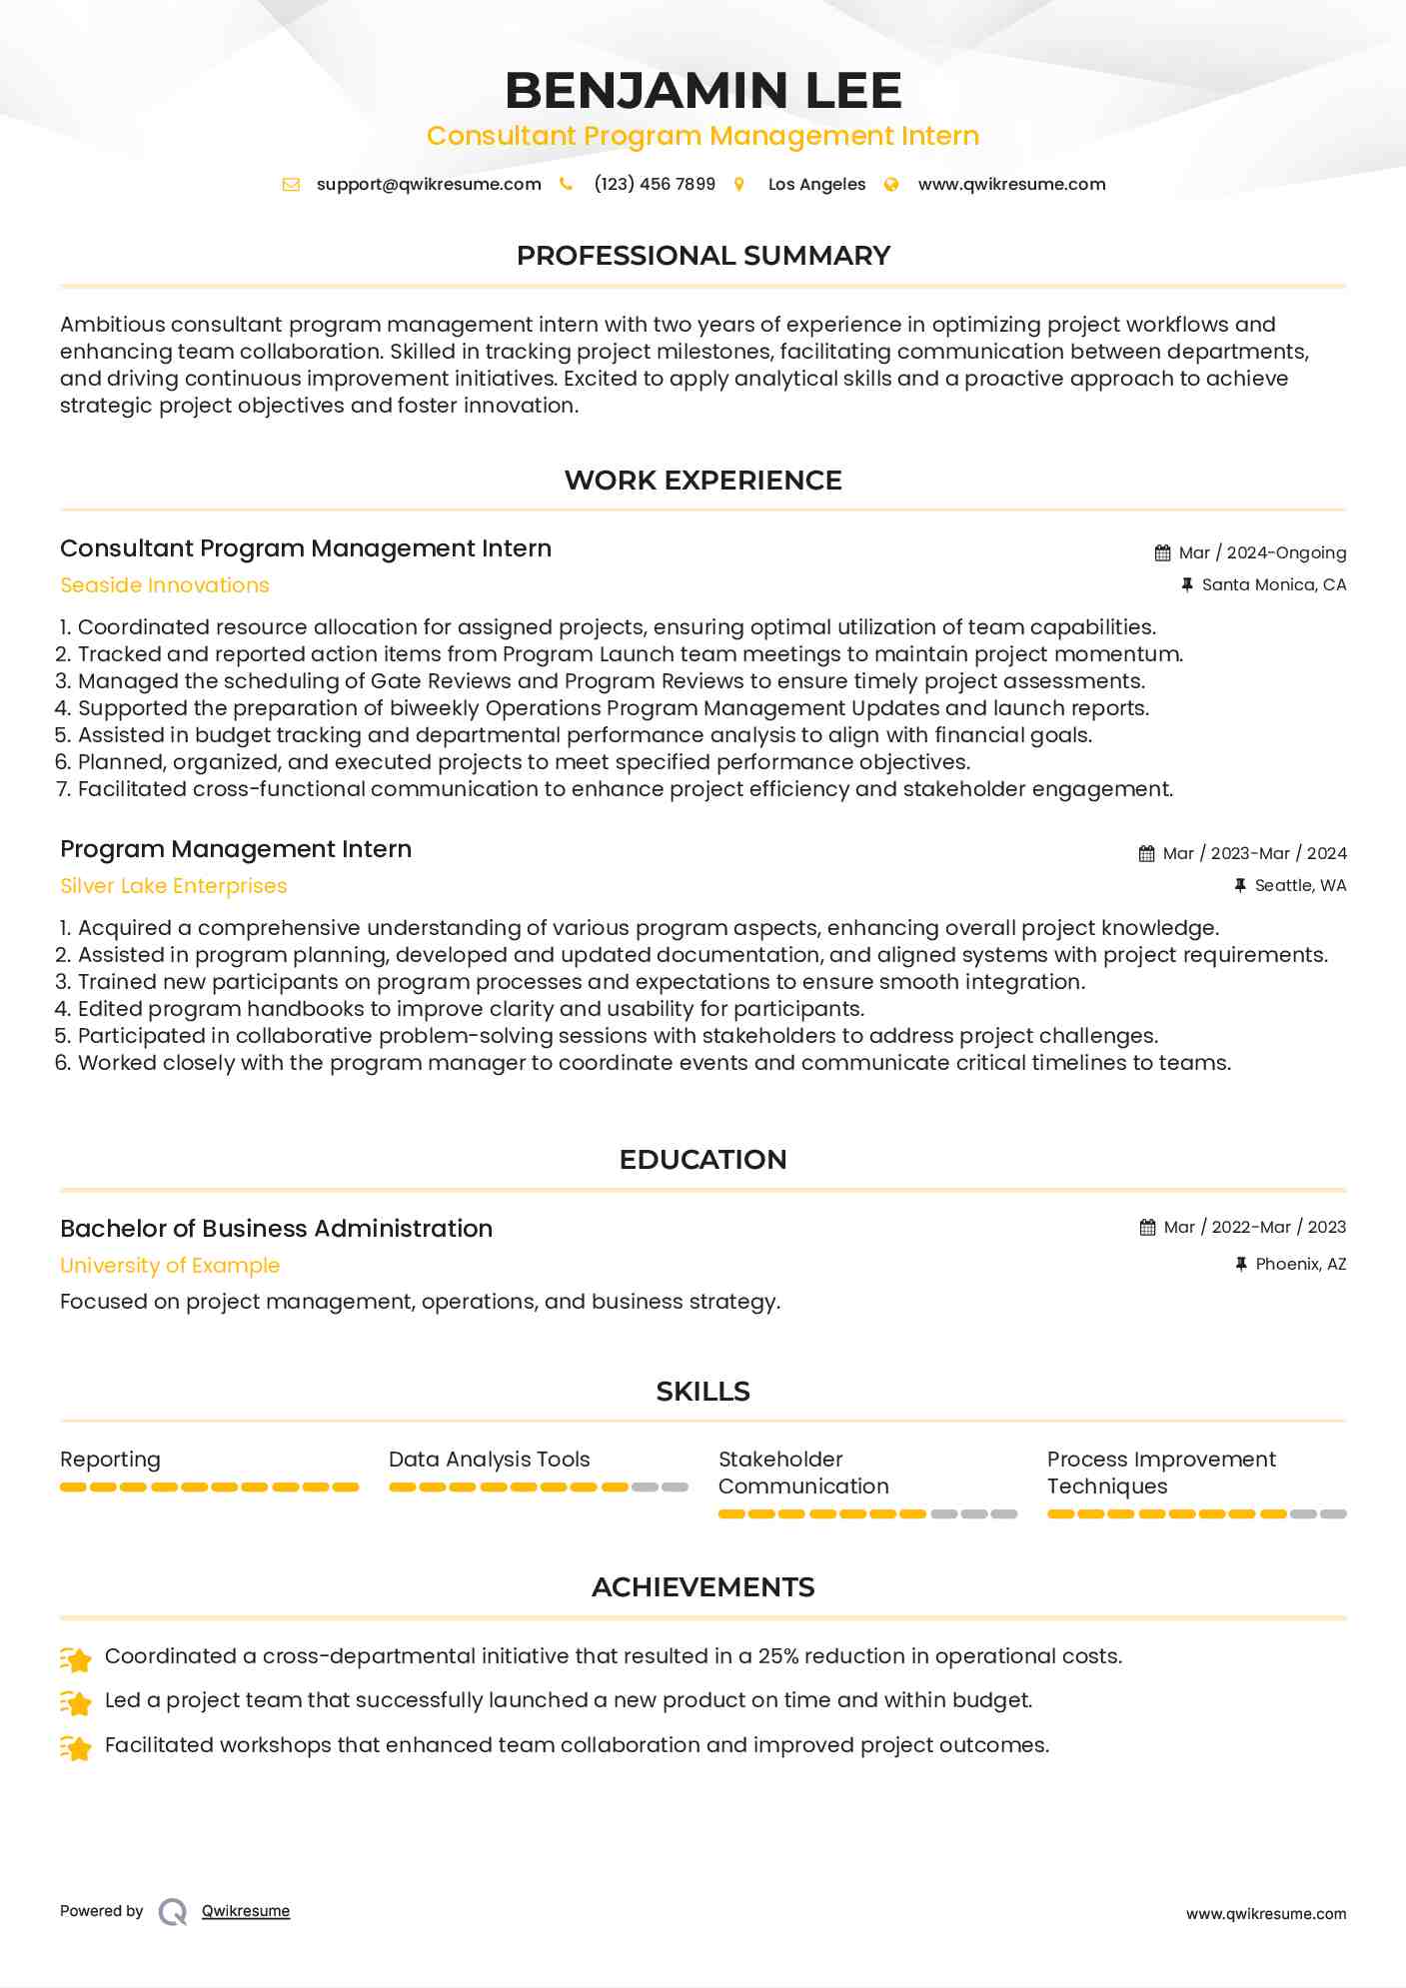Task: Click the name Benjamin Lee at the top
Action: coord(703,90)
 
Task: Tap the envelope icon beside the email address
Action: coord(291,184)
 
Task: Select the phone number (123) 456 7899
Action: coord(655,184)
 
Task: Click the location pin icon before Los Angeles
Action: coord(739,184)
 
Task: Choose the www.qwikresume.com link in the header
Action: coord(1011,184)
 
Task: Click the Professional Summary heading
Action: coord(703,256)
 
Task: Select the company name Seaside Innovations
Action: coord(165,585)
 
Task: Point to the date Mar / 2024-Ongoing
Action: coord(1262,552)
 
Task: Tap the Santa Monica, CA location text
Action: coord(1273,584)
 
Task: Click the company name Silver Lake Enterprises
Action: coord(174,886)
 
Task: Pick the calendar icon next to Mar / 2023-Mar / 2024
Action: coord(1146,853)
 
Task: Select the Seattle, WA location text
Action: coord(1300,885)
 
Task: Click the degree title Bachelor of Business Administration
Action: coord(276,1228)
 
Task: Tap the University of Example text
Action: coord(170,1266)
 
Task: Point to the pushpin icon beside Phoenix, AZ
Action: coord(1240,1264)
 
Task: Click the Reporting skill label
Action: coord(110,1460)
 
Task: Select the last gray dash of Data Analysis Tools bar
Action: coord(676,1488)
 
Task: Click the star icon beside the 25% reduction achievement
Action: coord(77,1658)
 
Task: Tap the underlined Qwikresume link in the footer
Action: coord(246,1911)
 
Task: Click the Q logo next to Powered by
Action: coord(173,1912)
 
